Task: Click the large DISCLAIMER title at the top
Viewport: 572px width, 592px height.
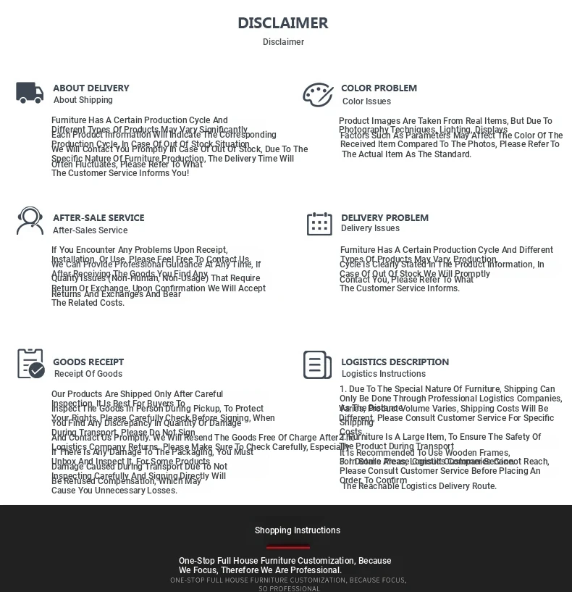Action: tap(283, 23)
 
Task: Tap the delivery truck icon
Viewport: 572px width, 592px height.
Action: tap(30, 93)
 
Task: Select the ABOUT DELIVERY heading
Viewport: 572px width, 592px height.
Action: tap(91, 88)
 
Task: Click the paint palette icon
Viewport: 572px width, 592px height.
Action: tap(318, 94)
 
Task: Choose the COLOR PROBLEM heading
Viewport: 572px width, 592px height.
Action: tap(379, 88)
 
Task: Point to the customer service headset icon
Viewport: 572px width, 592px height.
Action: tap(30, 221)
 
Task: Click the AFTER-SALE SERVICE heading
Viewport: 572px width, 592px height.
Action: tap(98, 218)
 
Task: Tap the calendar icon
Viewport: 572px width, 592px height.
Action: tap(319, 224)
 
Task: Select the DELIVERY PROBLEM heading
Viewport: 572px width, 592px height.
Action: tap(384, 218)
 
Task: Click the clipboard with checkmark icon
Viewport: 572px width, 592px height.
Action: tap(30, 364)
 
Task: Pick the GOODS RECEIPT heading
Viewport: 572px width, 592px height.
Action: tap(88, 362)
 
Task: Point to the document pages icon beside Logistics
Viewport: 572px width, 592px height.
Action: tap(317, 365)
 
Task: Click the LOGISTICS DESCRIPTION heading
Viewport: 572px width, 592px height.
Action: tap(395, 362)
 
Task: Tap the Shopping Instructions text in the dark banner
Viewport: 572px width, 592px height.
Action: tap(297, 530)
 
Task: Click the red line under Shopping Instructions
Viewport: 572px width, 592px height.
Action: tap(288, 547)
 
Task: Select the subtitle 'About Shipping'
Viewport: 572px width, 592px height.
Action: tap(83, 101)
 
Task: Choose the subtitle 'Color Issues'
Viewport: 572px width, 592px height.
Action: tap(366, 102)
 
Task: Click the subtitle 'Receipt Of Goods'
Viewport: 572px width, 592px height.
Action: tap(88, 375)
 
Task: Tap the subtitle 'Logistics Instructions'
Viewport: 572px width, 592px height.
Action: tap(384, 375)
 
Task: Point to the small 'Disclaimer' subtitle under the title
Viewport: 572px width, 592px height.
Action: tap(283, 42)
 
